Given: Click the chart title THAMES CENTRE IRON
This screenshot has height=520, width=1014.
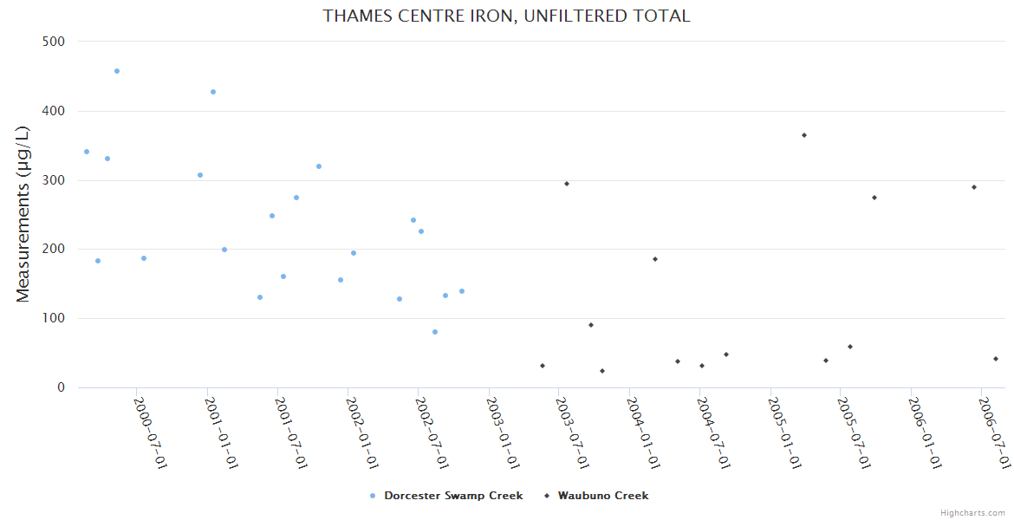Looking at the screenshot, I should [x=506, y=16].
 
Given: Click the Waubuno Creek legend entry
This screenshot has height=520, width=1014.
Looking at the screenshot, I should [x=602, y=496].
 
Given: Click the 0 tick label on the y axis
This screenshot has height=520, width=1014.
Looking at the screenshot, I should [x=61, y=387].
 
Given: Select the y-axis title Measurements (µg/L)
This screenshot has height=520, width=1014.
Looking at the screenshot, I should [x=23, y=214].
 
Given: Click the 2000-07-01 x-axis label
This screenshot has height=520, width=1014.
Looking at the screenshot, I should [x=149, y=432].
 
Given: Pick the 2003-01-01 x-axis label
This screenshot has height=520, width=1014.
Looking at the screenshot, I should [x=502, y=432].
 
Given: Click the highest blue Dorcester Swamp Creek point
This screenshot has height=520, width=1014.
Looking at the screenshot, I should [x=117, y=71].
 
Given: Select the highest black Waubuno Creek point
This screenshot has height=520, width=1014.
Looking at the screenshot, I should [x=804, y=135].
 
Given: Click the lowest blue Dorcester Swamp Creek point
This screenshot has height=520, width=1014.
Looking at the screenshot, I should [x=435, y=332].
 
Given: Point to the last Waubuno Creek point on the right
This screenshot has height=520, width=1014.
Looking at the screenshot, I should [x=996, y=359].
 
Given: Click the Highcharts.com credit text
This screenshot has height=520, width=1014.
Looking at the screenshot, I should [x=972, y=512].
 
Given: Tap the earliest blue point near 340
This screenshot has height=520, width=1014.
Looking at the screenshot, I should [x=87, y=152].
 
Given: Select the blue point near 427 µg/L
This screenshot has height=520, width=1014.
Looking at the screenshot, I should [x=213, y=92].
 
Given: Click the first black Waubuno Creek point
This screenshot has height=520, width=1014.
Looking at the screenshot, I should [x=543, y=366].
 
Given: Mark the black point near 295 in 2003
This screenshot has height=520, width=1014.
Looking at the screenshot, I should [x=567, y=184].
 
